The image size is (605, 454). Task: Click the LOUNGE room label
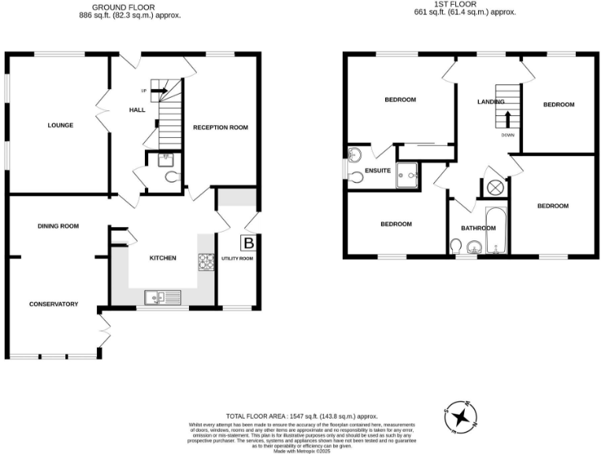click(60, 125)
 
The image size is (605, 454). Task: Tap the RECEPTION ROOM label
click(221, 128)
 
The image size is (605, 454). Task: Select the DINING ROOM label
click(58, 226)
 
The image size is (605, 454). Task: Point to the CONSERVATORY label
click(54, 303)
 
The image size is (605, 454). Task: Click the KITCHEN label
click(163, 259)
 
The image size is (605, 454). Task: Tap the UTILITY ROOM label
click(237, 259)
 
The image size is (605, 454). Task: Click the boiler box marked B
click(249, 243)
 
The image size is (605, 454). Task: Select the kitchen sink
click(163, 297)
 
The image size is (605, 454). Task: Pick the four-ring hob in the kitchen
click(206, 261)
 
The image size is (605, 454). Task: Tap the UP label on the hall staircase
click(144, 91)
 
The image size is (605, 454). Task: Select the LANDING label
click(491, 102)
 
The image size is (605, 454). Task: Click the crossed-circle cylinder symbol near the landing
click(496, 188)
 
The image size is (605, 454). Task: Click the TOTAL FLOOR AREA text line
click(302, 415)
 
